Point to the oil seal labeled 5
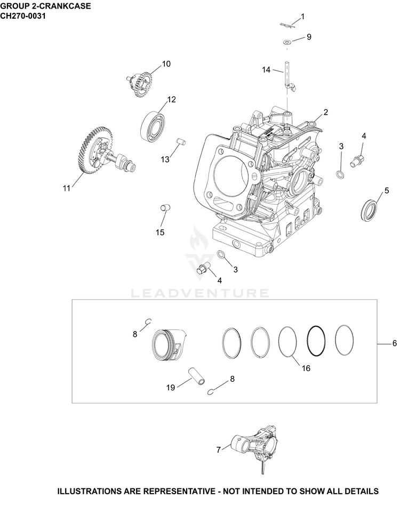(370, 210)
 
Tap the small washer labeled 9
(287, 42)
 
